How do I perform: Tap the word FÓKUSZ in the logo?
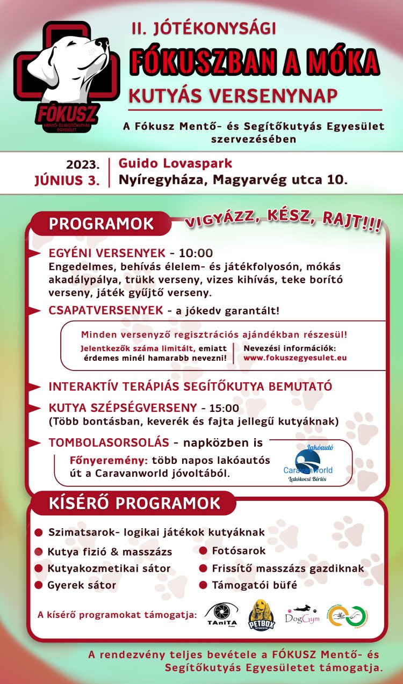coord(67,113)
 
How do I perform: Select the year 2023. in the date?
coord(83,164)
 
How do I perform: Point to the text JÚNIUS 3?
coord(67,180)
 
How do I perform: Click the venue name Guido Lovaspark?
coord(175,163)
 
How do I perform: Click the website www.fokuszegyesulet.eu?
coord(295,358)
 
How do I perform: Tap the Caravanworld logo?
coord(308,463)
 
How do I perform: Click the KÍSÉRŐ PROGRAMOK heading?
coord(135,503)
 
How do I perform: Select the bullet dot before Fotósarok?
coord(203,551)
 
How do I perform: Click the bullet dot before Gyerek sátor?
coord(39,585)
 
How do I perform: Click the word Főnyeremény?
coord(110,461)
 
